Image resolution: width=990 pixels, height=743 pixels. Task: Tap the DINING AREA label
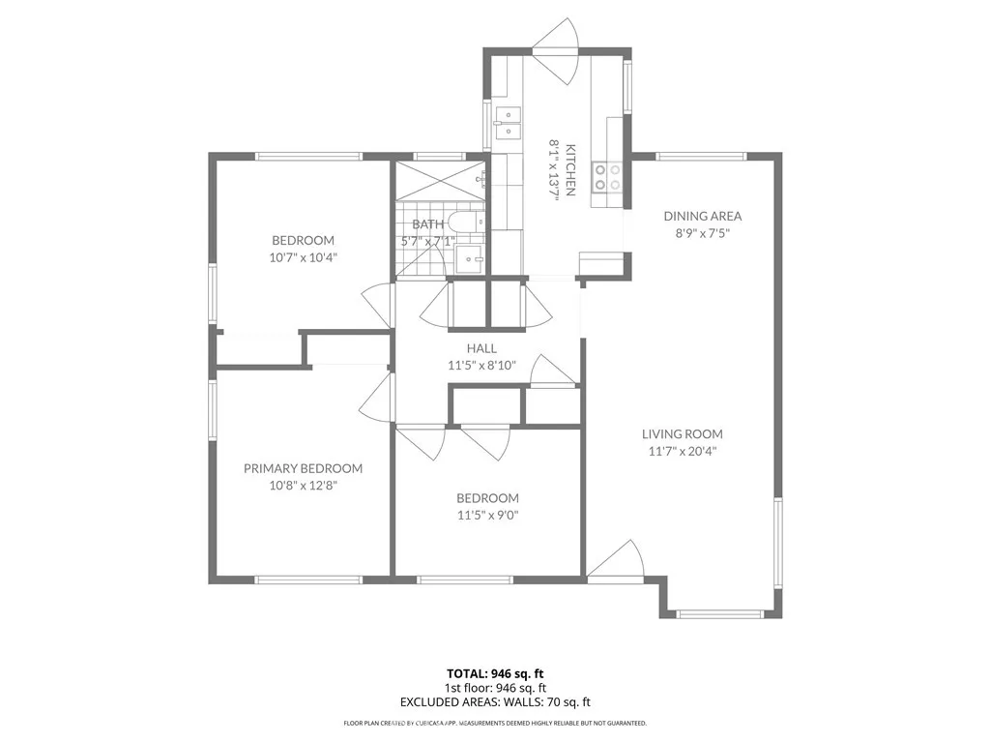tap(702, 216)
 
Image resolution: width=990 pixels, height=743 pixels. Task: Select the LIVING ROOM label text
tap(683, 434)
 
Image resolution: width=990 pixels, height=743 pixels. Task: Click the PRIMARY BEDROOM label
tap(303, 468)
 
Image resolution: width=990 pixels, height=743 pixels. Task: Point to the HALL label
tap(481, 348)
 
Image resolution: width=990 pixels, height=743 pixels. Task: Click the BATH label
tap(427, 224)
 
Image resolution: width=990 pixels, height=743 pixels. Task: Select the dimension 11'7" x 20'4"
tap(683, 451)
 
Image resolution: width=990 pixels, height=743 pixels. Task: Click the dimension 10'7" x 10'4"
tap(303, 257)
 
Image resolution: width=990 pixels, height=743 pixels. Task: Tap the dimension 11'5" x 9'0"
tap(487, 515)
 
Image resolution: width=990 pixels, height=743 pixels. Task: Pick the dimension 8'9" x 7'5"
tap(702, 232)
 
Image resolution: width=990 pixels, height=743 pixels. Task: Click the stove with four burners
tap(607, 176)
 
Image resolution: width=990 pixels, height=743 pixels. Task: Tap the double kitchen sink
tap(508, 123)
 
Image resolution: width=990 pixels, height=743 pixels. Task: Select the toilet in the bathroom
tap(468, 223)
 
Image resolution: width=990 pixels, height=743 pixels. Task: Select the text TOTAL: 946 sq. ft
tap(494, 673)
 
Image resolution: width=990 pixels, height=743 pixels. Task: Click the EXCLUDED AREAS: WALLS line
tap(494, 702)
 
